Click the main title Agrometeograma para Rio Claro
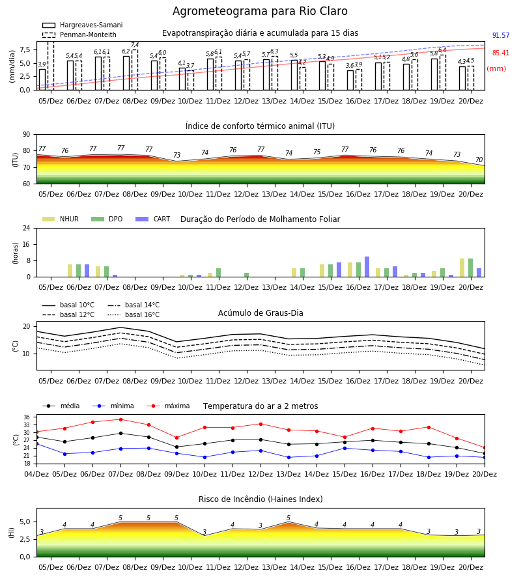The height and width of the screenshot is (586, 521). pyautogui.click(x=260, y=11)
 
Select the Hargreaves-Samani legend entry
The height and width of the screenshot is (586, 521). pyautogui.click(x=82, y=25)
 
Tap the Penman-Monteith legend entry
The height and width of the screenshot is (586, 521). pyautogui.click(x=79, y=35)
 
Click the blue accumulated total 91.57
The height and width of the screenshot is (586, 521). pyautogui.click(x=501, y=36)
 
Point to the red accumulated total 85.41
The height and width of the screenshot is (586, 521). pyautogui.click(x=501, y=53)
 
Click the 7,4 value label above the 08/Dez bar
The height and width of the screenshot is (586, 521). pyautogui.click(x=135, y=45)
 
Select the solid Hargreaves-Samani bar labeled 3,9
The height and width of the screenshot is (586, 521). pyautogui.click(x=42, y=79)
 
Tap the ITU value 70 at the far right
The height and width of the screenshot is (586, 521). pyautogui.click(x=479, y=160)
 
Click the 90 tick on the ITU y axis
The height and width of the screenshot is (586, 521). pyautogui.click(x=27, y=135)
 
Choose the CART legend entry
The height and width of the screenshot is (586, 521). pyautogui.click(x=153, y=219)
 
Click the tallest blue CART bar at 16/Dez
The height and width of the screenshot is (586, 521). pyautogui.click(x=367, y=267)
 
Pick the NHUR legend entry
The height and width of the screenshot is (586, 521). pyautogui.click(x=61, y=219)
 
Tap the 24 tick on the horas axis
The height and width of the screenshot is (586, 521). pyautogui.click(x=27, y=229)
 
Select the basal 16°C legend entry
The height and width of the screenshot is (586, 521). pyautogui.click(x=134, y=314)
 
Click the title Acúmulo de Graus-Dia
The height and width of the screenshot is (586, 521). pyautogui.click(x=260, y=313)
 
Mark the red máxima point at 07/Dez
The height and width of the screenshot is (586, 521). pyautogui.click(x=120, y=419)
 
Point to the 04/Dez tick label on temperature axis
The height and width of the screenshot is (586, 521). pyautogui.click(x=36, y=474)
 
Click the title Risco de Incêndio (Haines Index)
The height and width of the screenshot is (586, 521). pyautogui.click(x=260, y=499)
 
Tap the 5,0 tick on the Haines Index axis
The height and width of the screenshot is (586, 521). pyautogui.click(x=25, y=522)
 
